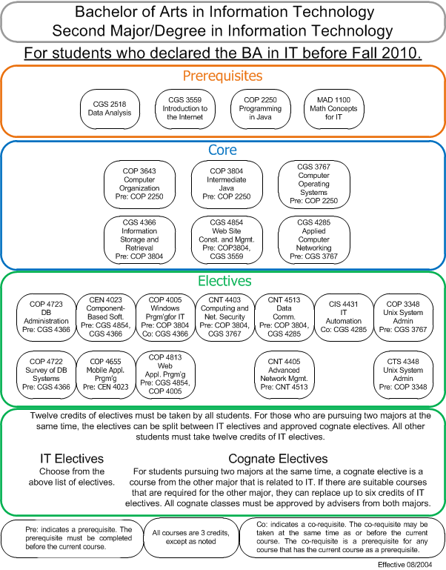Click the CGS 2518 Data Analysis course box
[110, 109]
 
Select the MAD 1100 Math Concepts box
[333, 109]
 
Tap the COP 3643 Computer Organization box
[139, 185]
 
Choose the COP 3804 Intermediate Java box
[227, 185]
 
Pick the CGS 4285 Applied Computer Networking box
[314, 239]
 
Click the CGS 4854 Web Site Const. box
[227, 239]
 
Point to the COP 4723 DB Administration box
[46, 317]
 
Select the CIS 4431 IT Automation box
[344, 317]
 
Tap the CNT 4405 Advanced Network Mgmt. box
[284, 375]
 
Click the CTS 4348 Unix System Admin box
[403, 375]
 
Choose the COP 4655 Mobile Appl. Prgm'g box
[106, 375]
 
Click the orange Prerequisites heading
[222, 76]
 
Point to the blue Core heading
[222, 150]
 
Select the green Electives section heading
[224, 281]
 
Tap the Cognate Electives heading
[278, 459]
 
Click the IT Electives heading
[72, 459]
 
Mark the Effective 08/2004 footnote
[405, 565]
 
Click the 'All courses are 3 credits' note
[191, 537]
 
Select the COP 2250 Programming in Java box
[260, 109]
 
